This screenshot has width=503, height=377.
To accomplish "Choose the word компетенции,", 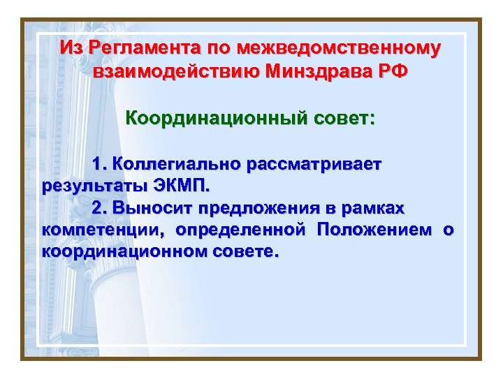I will click(104, 229).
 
